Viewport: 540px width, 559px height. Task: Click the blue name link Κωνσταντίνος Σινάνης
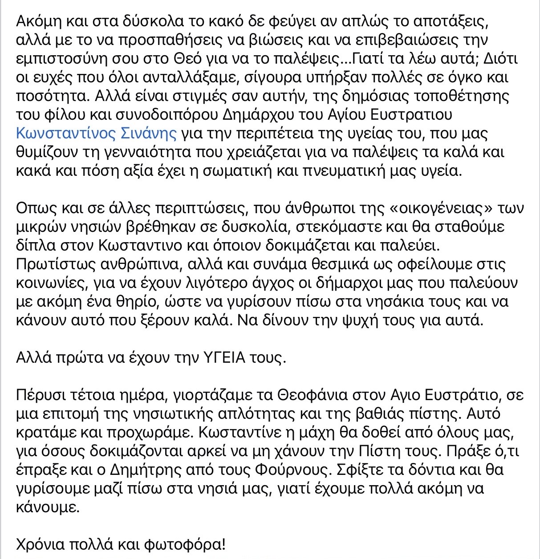tap(96, 134)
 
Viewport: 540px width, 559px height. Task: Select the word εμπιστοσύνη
tap(64, 59)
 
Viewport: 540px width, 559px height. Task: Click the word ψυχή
tap(390, 320)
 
